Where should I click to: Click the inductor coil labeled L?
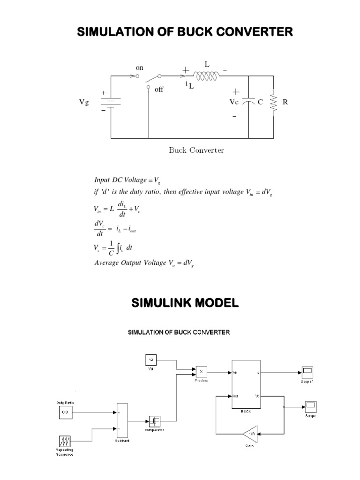(206, 75)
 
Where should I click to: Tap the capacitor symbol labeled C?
(251, 102)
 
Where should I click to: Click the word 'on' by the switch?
(140, 67)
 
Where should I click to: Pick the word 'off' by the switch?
(159, 90)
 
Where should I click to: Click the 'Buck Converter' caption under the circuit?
(196, 150)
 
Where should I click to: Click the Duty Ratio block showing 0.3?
(65, 412)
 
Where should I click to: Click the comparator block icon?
(154, 420)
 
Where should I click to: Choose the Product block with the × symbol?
(202, 372)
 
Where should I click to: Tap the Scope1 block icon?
(307, 372)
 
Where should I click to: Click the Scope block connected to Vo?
(311, 406)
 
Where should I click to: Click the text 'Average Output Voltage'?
(127, 263)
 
